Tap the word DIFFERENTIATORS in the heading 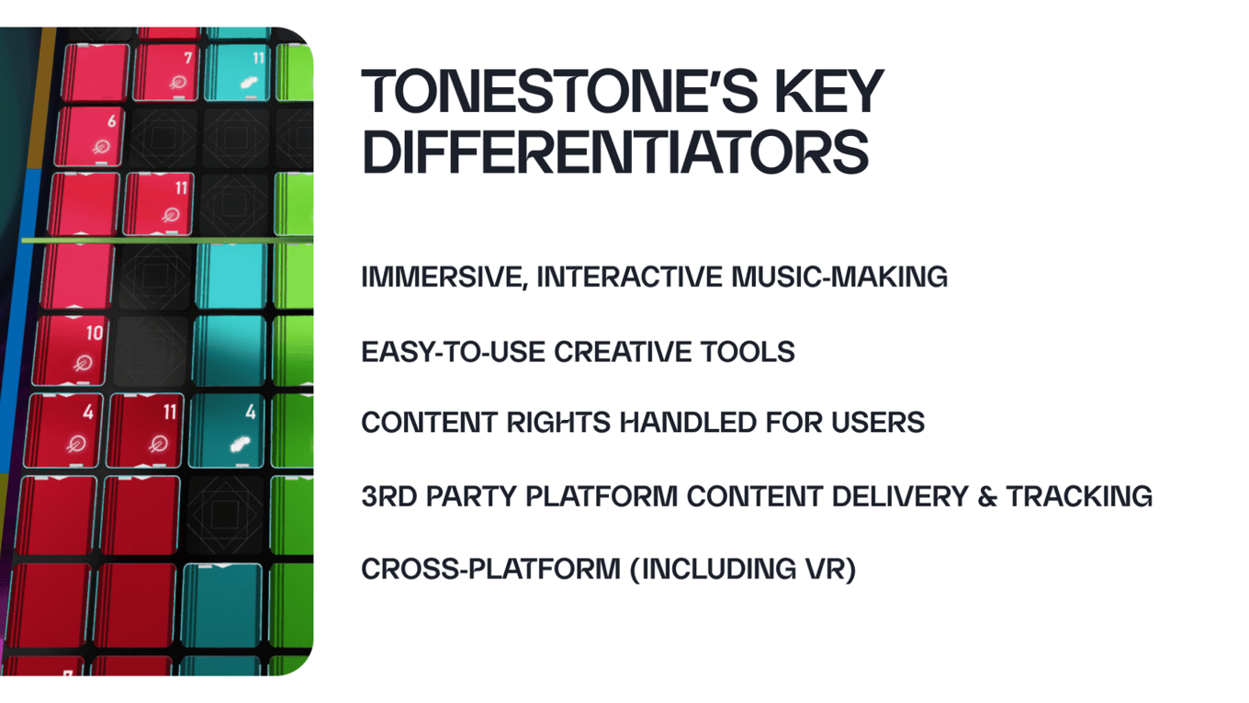(615, 152)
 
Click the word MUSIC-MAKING (839, 277)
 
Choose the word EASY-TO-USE (453, 352)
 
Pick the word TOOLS (748, 352)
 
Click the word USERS (878, 423)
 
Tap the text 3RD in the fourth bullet (389, 496)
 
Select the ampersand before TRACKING (987, 496)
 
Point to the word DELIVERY (900, 496)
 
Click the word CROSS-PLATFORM (490, 570)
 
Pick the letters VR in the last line (826, 570)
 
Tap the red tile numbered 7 (165, 72)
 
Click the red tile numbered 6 (90, 137)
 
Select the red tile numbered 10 (70, 350)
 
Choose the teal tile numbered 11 (238, 72)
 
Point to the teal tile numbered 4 (227, 430)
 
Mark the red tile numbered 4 (63, 430)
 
